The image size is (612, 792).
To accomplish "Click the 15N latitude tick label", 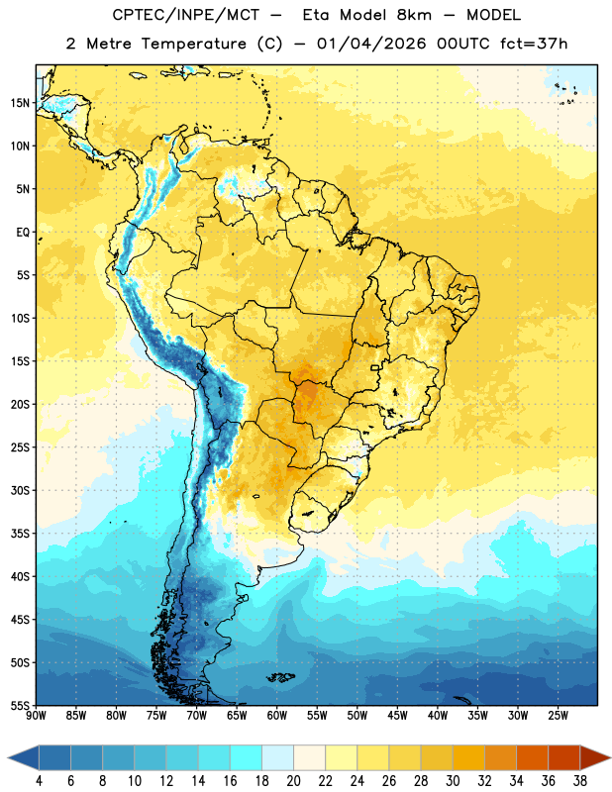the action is coord(20,103).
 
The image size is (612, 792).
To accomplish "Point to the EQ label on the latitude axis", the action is coord(23,233).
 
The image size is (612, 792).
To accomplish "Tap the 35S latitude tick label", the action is coord(20,534).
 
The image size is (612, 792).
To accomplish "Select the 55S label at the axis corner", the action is coord(20,705).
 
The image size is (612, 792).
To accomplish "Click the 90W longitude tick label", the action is coord(36,716).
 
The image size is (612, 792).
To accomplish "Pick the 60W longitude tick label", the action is coord(277,716).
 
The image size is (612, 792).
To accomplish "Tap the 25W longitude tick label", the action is coord(559,716).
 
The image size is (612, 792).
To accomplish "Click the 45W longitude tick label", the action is coord(398,716).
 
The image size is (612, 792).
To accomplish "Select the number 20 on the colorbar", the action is coord(293,781).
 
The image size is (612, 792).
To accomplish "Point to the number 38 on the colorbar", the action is coord(580,781).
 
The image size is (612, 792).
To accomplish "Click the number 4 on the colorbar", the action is coord(39,781).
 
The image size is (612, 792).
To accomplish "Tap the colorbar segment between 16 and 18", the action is coord(247,757).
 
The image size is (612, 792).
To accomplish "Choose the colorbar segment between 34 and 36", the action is coord(533,757).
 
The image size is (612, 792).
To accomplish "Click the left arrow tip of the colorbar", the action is coord(8,757).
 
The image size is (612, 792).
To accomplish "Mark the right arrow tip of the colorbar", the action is coord(611,757).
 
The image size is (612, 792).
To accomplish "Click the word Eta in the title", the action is coord(316,15).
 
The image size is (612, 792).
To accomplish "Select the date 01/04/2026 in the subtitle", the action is coord(371,44).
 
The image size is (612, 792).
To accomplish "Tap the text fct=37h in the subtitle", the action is coord(534,44).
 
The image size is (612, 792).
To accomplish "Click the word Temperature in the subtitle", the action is coord(193,44).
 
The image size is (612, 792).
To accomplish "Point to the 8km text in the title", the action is coord(414,15).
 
